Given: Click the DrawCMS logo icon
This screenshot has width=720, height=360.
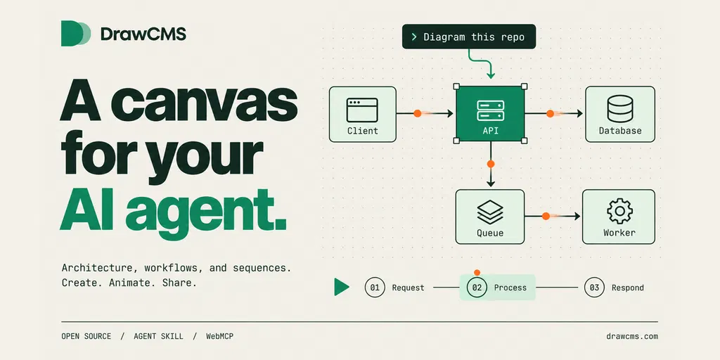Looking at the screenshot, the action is point(76,34).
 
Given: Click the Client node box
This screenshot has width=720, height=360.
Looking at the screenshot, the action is point(363,114).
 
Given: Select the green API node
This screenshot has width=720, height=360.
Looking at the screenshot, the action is point(490,114).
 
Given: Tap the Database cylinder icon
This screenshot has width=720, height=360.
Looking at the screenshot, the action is point(620,109).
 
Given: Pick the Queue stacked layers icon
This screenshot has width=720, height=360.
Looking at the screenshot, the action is point(490,212).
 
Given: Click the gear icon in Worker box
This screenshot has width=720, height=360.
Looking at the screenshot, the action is point(619,211).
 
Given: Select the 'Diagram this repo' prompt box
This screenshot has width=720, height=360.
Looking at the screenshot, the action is point(469,37).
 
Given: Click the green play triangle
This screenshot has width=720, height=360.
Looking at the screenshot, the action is point(342,287).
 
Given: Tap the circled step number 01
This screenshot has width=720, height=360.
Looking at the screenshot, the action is point(375,288).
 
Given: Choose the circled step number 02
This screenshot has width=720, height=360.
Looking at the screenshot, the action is point(477,288).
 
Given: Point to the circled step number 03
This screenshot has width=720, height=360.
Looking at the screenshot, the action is point(594,288).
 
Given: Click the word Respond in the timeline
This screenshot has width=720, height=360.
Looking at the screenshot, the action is point(628,288).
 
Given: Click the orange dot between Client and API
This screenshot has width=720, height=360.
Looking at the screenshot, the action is point(418,113).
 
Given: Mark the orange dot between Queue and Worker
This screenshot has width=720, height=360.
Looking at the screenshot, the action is point(546,216).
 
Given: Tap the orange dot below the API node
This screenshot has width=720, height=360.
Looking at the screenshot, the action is point(491,163).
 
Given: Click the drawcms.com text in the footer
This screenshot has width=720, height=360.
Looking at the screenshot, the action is point(632,337).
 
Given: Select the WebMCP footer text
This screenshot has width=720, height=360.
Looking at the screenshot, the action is point(219,337).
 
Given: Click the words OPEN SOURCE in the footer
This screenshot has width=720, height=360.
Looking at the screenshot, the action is point(86,337).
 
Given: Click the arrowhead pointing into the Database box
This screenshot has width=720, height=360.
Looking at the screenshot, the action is point(580,113).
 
